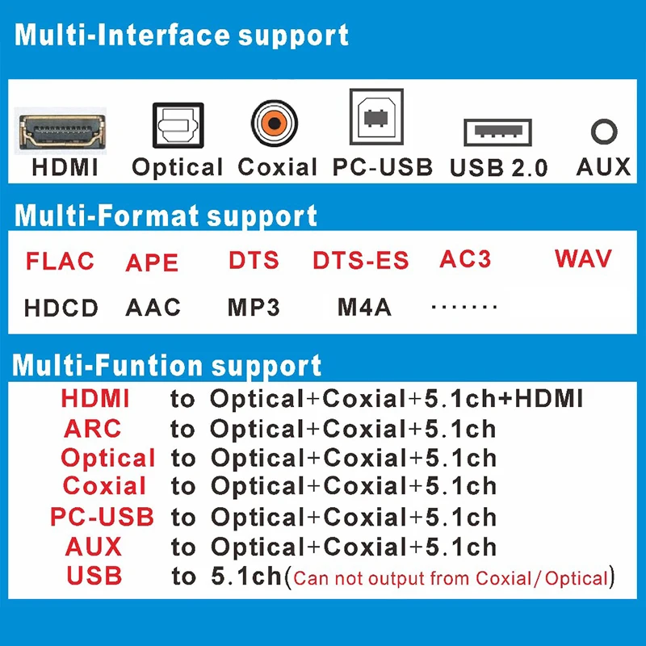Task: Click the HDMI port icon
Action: pos(64,132)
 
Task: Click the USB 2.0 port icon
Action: pos(497,132)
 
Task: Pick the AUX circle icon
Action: pos(603,132)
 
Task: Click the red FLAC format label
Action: pos(60,262)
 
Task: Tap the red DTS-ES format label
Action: pos(360,261)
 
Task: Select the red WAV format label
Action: pos(583,259)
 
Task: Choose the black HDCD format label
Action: pos(61,308)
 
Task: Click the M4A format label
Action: pos(364,307)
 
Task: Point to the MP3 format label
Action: pos(254,307)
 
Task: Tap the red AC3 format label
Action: pos(465,259)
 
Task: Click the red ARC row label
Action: pos(93,428)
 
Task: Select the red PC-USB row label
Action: pos(102,517)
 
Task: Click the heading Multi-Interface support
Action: pos(182,36)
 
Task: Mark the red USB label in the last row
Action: pos(94,576)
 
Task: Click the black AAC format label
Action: pos(153,307)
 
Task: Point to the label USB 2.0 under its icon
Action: pos(498,168)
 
